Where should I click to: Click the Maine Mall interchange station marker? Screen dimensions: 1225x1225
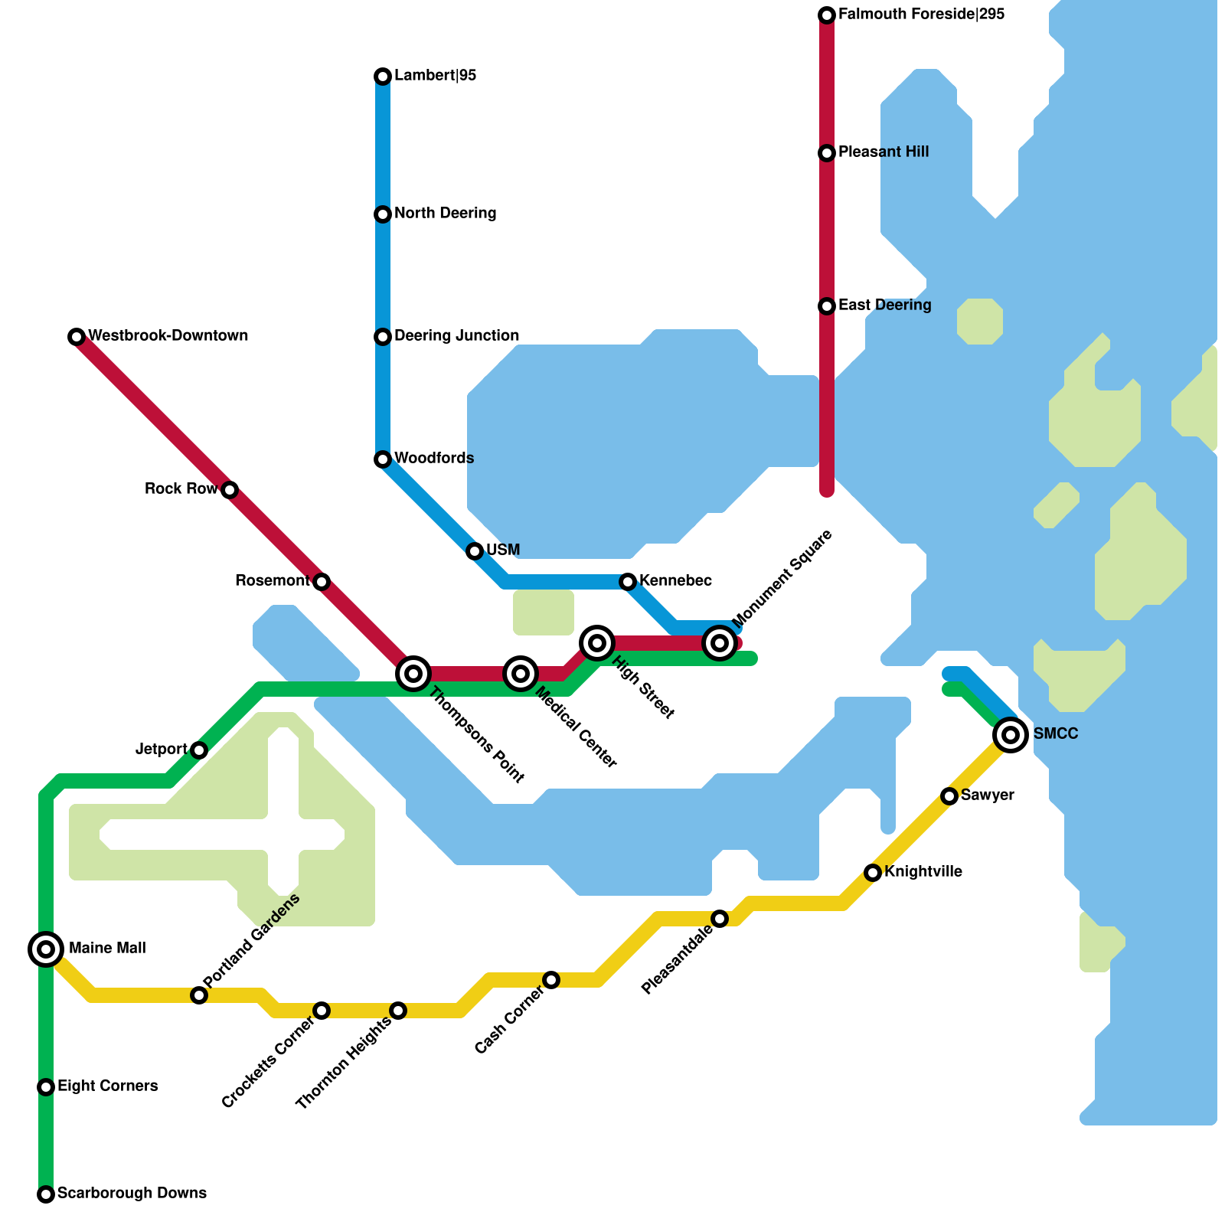point(46,949)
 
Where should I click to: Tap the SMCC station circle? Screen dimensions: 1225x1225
point(1011,735)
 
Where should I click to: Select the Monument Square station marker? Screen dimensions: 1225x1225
point(720,643)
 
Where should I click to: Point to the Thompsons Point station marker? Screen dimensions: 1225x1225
point(413,674)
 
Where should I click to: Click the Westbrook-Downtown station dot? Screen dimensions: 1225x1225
point(77,337)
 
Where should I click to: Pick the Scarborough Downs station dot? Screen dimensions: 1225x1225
point(46,1194)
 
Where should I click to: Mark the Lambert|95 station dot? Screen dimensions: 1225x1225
point(383,77)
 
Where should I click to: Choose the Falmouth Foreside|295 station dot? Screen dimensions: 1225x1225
point(827,15)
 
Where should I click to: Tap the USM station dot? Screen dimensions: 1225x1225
point(475,551)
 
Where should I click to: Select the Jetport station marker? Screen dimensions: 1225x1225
point(199,750)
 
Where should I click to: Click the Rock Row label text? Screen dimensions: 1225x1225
point(181,489)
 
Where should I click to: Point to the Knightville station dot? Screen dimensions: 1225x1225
point(873,873)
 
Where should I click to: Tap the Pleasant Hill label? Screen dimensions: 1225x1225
point(884,152)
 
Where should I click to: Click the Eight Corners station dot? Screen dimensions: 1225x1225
point(46,1087)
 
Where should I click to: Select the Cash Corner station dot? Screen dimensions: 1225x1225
point(551,980)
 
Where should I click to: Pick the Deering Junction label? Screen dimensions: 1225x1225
point(456,336)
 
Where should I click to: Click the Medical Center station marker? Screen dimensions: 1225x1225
point(521,674)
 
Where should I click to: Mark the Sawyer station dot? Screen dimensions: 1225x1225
point(949,796)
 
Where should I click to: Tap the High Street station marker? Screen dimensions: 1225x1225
point(597,643)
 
